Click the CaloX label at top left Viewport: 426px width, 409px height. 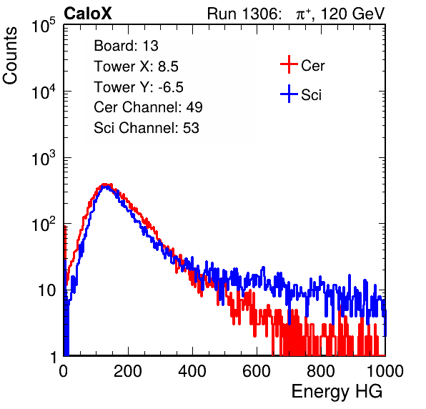[87, 14]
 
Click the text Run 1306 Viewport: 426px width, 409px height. [244, 14]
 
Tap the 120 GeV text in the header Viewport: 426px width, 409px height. [353, 14]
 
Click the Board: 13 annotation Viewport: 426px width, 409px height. [126, 46]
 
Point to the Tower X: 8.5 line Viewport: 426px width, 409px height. [136, 66]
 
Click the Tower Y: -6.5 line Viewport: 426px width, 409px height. [139, 87]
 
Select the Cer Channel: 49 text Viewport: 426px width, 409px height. [148, 107]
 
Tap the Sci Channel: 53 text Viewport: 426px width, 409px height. [147, 128]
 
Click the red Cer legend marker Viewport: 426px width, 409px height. [289, 64]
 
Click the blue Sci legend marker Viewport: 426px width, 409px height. [289, 94]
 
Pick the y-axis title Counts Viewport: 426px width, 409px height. [10, 56]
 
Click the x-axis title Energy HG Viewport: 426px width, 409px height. [337, 392]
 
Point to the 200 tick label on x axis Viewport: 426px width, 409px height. [128, 371]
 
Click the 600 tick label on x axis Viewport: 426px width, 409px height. [257, 371]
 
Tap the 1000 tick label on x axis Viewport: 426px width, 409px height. [385, 371]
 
